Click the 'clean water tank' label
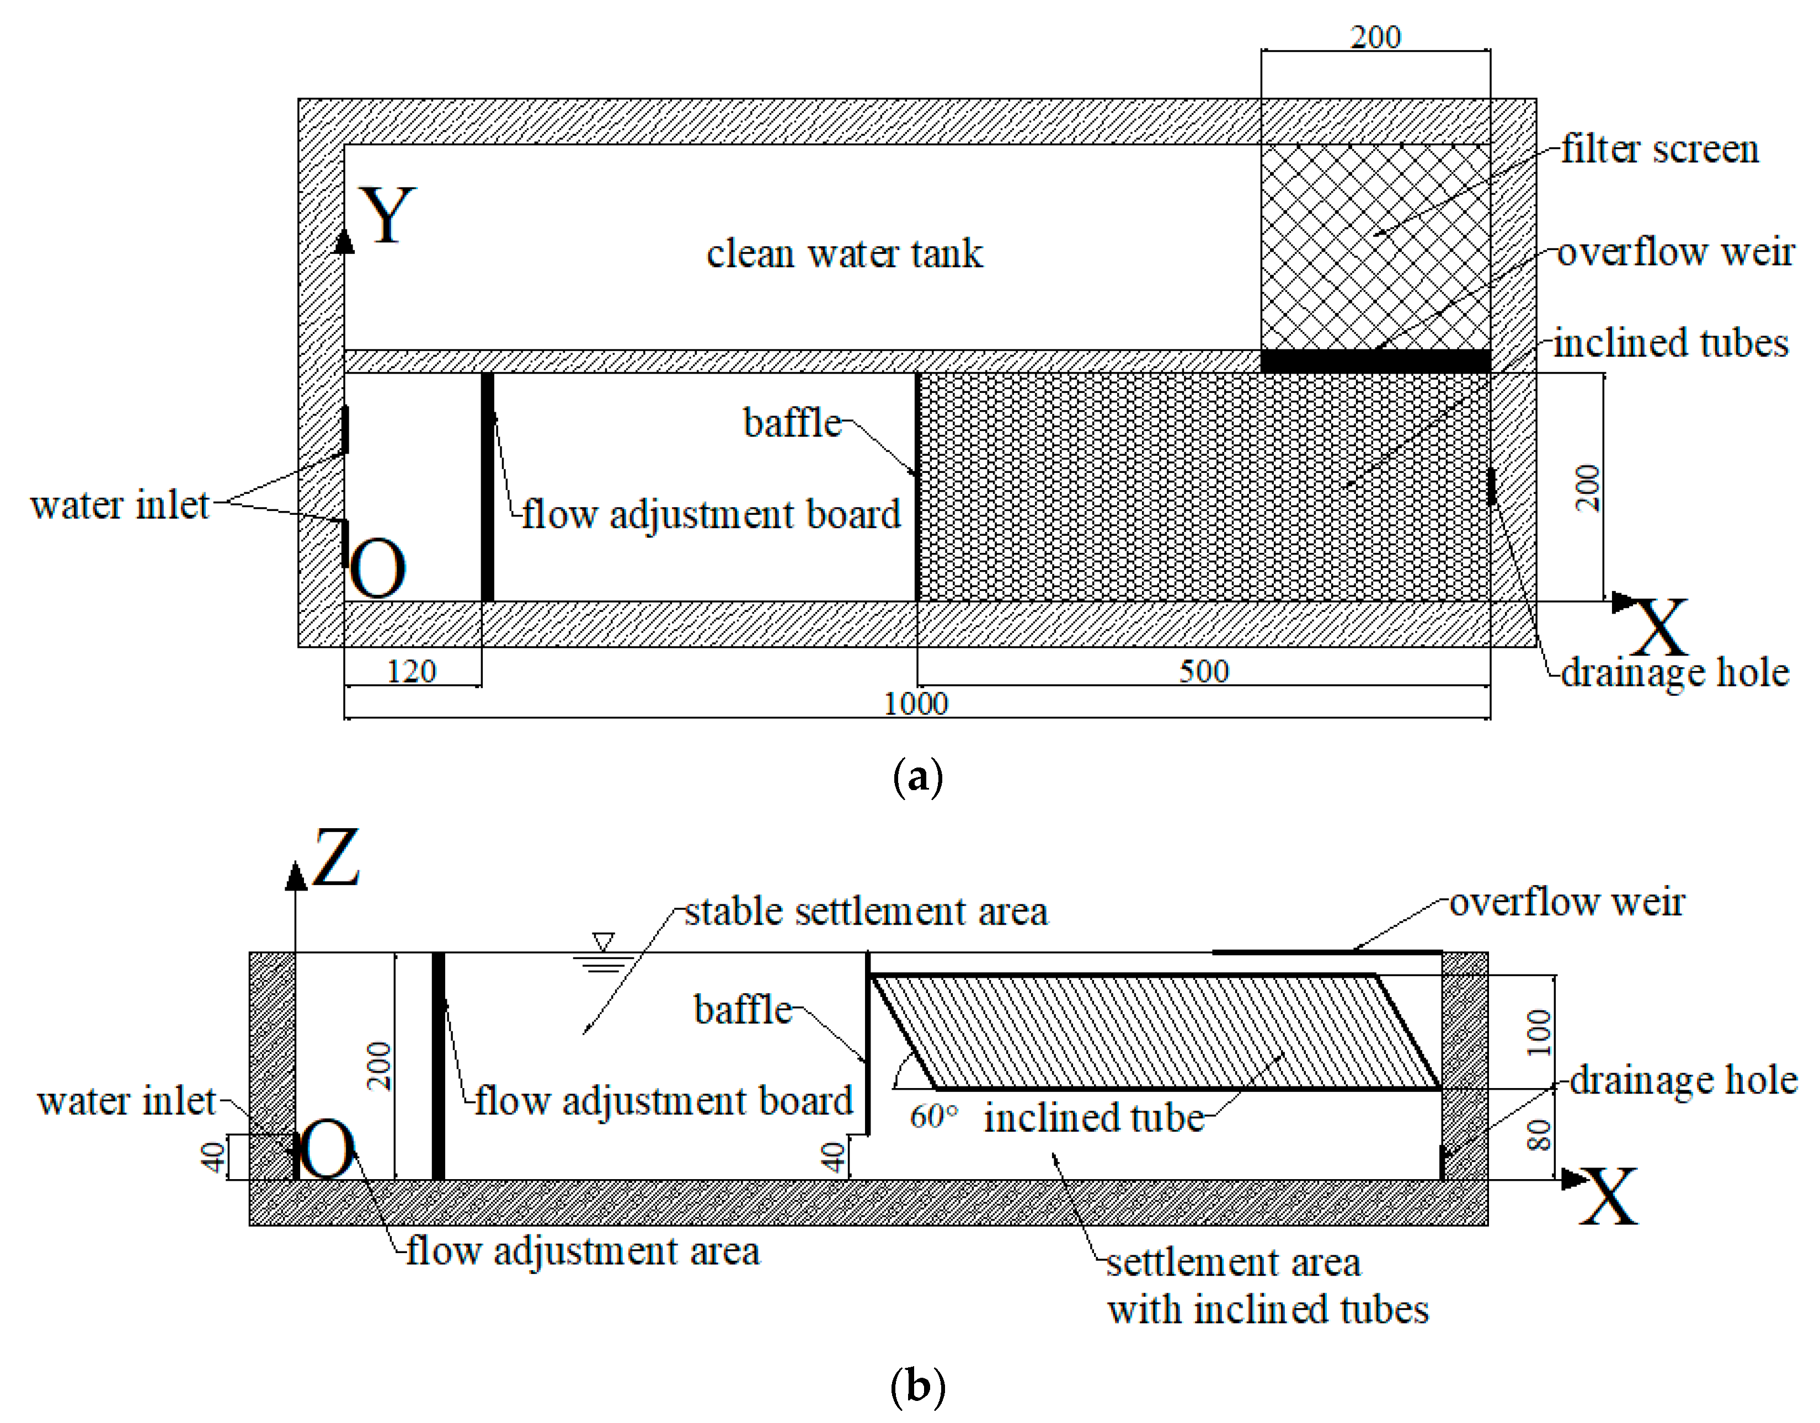[x=844, y=253]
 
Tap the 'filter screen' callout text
[x=1659, y=150]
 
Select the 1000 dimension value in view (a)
[x=915, y=705]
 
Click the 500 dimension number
[x=1203, y=671]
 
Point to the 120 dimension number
[x=411, y=671]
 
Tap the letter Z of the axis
[x=336, y=858]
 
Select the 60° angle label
[x=933, y=1116]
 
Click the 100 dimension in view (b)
[x=1538, y=1032]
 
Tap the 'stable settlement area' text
[x=866, y=912]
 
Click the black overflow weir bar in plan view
[x=1375, y=361]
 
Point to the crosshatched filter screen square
[x=1375, y=247]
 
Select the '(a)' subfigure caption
[x=917, y=778]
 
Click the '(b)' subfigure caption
[x=917, y=1387]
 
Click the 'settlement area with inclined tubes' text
[x=1267, y=1286]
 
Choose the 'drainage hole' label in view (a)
[x=1674, y=673]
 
